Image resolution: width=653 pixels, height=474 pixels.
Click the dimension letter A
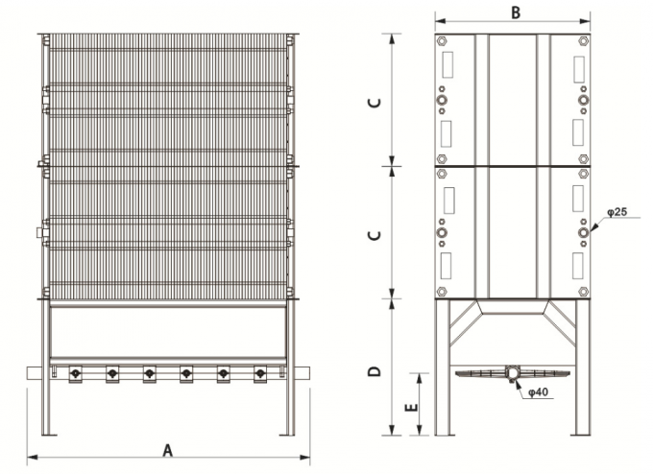pos(167,450)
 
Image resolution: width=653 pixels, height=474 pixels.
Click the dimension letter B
pos(516,12)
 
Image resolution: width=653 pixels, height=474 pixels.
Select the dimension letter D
pos(375,371)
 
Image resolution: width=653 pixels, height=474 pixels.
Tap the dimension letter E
pos(411,406)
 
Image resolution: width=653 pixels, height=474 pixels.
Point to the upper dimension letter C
pos(375,102)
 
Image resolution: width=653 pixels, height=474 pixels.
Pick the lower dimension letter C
pos(375,235)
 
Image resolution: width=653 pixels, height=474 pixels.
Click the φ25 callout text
pos(617,212)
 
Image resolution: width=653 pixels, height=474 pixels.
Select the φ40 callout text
pos(538,392)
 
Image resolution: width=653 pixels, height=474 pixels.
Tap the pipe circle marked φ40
pos(512,371)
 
